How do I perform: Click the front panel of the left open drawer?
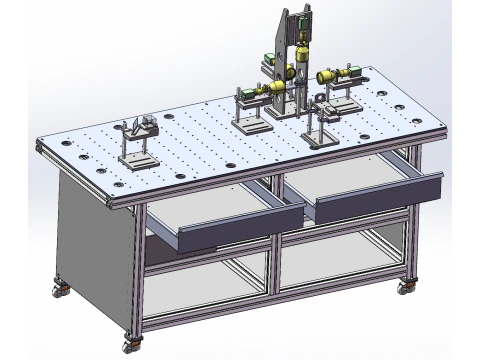click(240, 230)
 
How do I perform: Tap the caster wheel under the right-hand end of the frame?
click(405, 287)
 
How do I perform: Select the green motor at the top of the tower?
click(270, 58)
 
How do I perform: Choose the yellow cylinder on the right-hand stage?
click(326, 76)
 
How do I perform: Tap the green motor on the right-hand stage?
click(353, 72)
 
